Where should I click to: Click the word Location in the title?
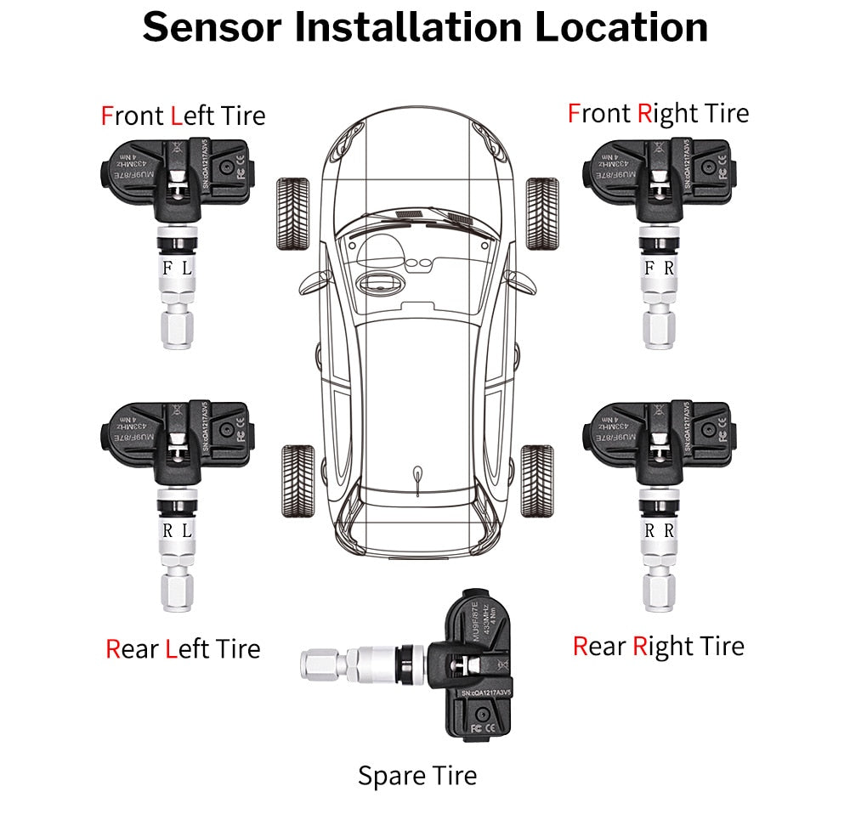(x=620, y=26)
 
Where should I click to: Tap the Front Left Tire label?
(x=183, y=116)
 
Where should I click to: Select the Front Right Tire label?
(x=658, y=113)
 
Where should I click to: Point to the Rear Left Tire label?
(x=183, y=650)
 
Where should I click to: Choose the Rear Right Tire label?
(x=658, y=647)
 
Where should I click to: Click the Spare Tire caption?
(x=416, y=776)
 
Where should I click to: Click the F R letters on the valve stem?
(x=660, y=268)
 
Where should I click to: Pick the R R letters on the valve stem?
(x=660, y=530)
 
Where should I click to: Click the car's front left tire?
(x=294, y=212)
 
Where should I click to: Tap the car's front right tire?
(x=541, y=212)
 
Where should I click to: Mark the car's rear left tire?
(x=297, y=479)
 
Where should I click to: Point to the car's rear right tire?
(x=537, y=479)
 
